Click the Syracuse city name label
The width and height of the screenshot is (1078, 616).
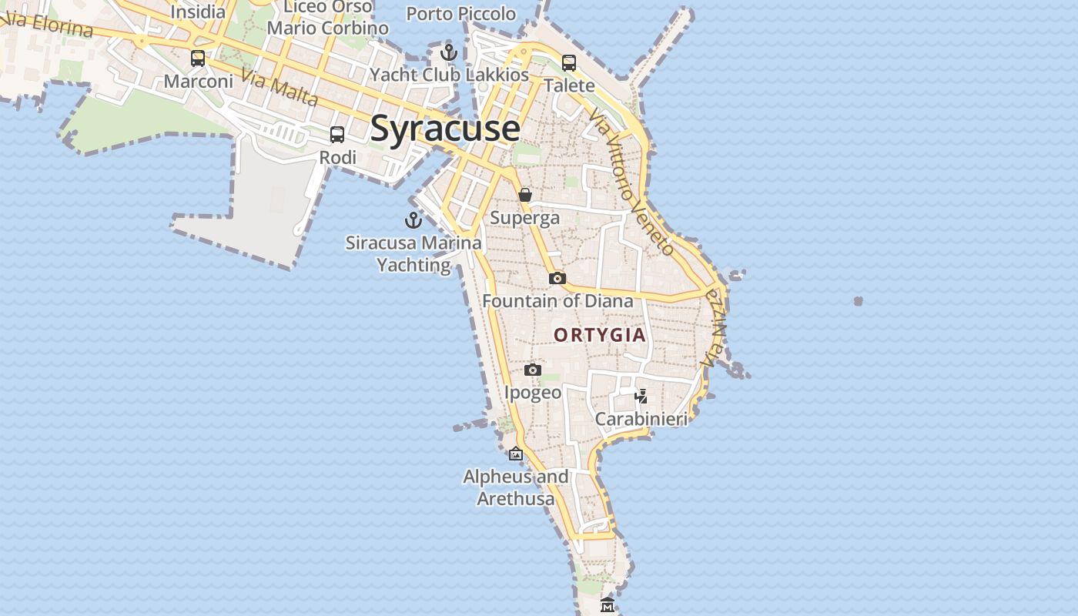pos(445,128)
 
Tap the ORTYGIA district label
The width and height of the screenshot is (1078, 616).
pos(600,335)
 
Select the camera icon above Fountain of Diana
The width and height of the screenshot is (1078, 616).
pos(557,278)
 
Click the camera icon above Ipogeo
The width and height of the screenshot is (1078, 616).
pos(533,370)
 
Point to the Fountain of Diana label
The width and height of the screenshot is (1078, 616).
pos(557,300)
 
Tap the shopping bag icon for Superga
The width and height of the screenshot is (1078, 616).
pos(525,195)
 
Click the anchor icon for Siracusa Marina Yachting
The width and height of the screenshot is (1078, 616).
pos(413,220)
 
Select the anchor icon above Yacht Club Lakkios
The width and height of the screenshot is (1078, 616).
pos(449,52)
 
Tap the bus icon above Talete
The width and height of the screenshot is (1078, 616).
pos(569,63)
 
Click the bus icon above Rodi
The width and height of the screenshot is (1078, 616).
pos(337,135)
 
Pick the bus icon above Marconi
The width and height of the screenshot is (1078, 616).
pos(198,58)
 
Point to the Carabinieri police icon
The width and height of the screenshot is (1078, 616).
pos(641,396)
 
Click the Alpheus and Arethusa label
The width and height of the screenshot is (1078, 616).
pos(516,487)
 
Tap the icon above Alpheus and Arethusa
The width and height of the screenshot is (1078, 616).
pos(516,454)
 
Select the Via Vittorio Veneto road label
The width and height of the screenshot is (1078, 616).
pos(632,182)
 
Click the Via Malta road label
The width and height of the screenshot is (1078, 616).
pos(279,88)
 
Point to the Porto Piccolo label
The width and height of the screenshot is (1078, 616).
pos(460,14)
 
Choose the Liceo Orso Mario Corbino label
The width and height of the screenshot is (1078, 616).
pos(328,18)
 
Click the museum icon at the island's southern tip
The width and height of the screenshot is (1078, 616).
pos(608,605)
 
